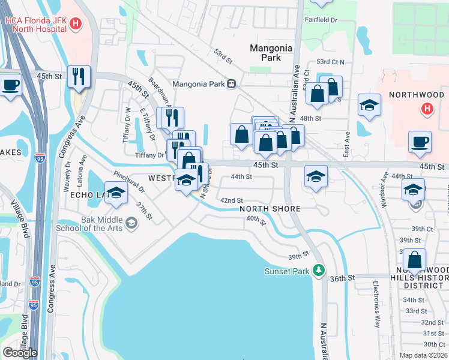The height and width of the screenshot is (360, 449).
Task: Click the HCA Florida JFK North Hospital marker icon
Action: click(x=76, y=24)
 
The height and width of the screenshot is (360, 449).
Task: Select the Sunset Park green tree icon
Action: click(x=319, y=271)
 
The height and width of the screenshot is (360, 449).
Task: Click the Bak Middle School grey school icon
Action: click(x=131, y=224)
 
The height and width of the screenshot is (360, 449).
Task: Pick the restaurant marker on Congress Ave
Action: click(x=79, y=76)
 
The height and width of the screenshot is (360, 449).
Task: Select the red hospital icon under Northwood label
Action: click(x=427, y=109)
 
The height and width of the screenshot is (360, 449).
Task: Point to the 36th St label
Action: click(x=343, y=278)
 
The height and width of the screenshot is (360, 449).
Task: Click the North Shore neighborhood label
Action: click(x=270, y=209)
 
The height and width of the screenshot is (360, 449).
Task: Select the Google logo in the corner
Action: click(x=20, y=352)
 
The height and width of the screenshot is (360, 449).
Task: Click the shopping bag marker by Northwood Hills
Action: click(x=414, y=260)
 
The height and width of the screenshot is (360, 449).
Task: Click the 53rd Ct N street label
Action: click(x=330, y=62)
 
